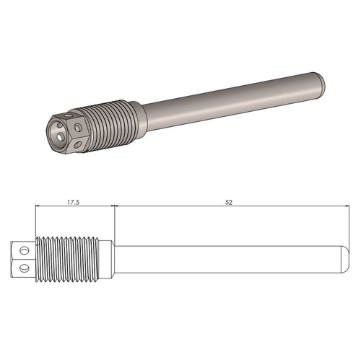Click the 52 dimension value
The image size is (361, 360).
click(228, 203)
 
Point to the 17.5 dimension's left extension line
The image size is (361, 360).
click(35, 220)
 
